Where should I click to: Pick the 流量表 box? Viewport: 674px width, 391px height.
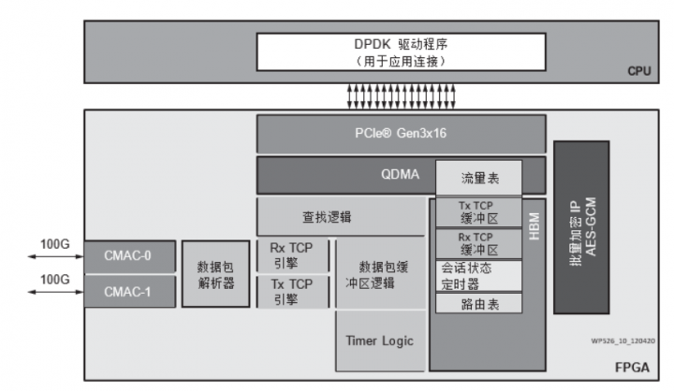tap(478, 178)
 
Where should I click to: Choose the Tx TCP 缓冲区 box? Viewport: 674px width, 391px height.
tap(478, 212)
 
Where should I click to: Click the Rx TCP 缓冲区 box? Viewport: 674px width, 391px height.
tap(478, 243)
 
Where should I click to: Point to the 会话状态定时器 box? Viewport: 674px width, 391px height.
tap(478, 275)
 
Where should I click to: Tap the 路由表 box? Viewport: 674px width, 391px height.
tap(478, 304)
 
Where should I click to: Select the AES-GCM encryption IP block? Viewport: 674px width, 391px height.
tap(581, 226)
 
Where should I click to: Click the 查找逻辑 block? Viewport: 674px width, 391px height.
tap(328, 216)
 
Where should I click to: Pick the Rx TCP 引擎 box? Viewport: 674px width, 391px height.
tap(291, 254)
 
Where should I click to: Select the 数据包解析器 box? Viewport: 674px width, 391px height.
tap(215, 273)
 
